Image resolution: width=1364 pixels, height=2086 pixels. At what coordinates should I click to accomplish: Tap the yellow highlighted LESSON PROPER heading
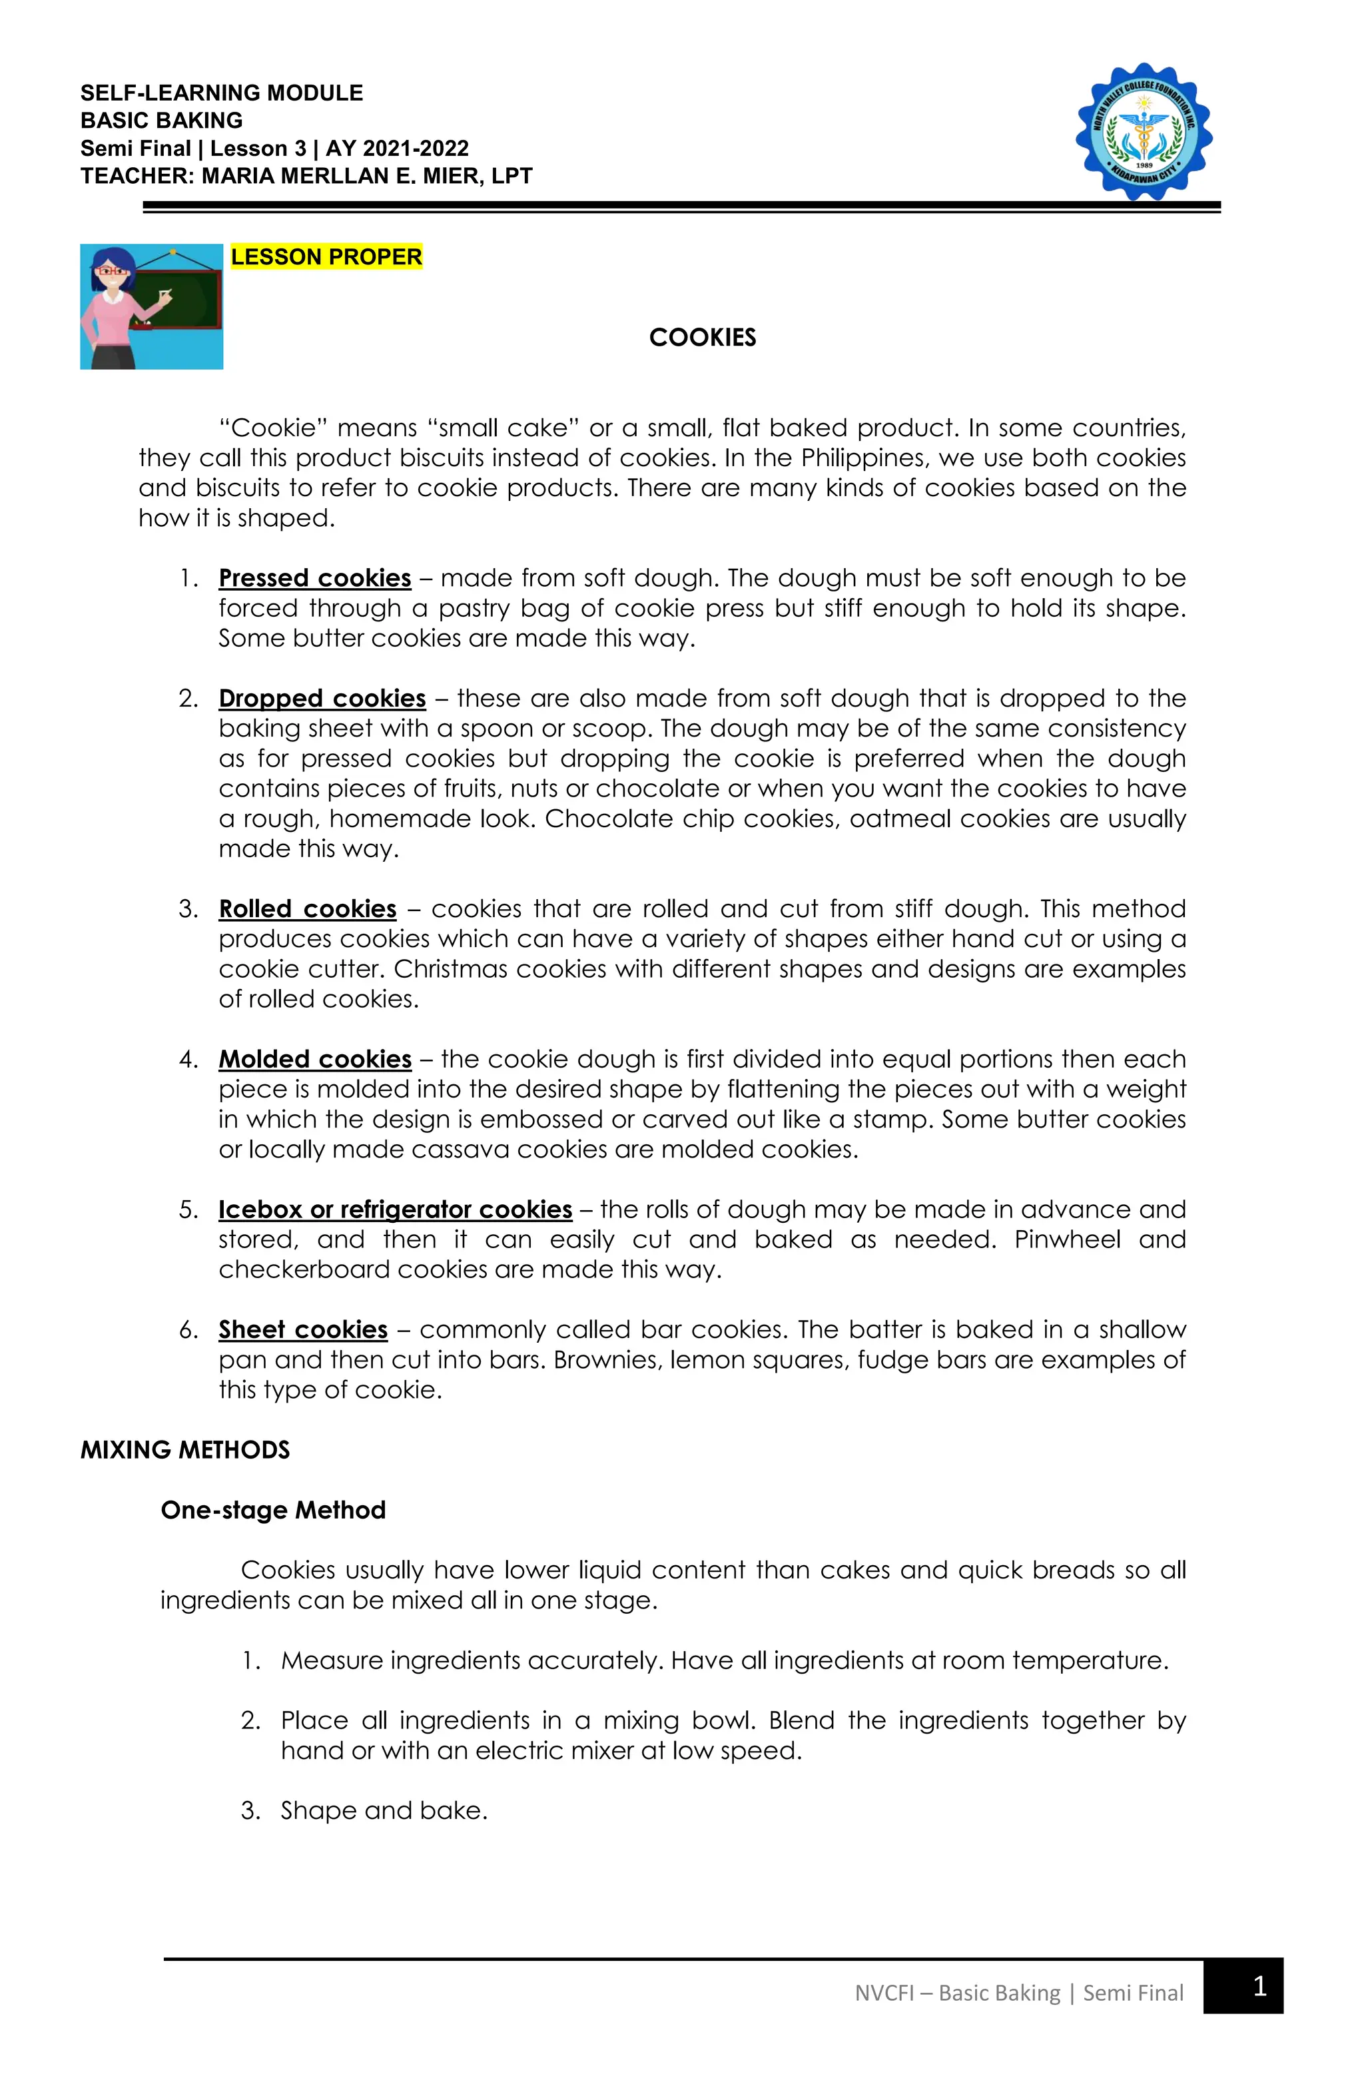tap(326, 257)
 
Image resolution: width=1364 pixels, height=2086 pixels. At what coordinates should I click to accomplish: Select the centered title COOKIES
tap(702, 338)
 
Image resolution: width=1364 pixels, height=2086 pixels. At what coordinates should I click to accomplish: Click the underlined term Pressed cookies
tap(315, 579)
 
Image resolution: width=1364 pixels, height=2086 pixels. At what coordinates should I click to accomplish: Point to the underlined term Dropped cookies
tap(322, 699)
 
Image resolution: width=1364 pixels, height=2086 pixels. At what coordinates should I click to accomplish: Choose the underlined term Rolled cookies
tap(307, 909)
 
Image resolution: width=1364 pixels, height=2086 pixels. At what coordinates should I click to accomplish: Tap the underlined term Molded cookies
tap(315, 1059)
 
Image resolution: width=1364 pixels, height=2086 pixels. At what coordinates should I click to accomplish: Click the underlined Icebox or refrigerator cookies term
tap(396, 1210)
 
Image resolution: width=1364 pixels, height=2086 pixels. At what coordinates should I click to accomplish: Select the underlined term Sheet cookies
tap(302, 1329)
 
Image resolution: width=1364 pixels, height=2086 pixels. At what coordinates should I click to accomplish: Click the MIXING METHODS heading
tap(185, 1450)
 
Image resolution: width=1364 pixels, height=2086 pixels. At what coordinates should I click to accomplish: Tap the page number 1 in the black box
tap(1259, 1986)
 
